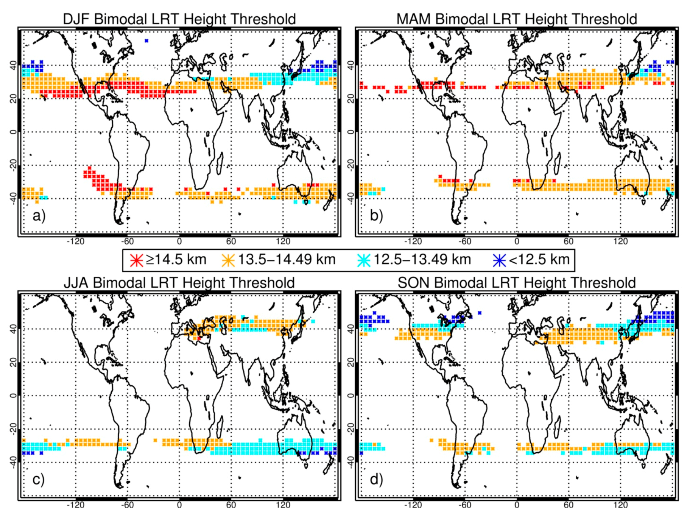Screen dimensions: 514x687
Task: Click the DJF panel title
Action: [x=179, y=19]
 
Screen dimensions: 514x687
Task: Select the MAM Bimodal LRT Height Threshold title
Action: [x=516, y=19]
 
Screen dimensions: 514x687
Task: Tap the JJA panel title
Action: [x=179, y=283]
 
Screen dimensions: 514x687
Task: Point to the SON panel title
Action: [x=516, y=283]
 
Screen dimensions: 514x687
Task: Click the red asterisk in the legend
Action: [x=137, y=260]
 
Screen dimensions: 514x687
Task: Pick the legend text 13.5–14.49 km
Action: [x=287, y=260]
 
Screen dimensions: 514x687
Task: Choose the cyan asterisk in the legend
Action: [x=364, y=260]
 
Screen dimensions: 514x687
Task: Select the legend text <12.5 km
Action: [x=539, y=260]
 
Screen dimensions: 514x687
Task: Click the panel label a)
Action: [x=39, y=216]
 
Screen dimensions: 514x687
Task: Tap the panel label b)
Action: [x=376, y=216]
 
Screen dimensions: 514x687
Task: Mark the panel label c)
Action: [x=39, y=480]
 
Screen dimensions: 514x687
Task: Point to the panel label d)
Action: [x=376, y=480]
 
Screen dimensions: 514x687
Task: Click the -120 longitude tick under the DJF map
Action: [x=75, y=241]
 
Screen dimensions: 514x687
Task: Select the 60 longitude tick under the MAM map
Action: [x=568, y=241]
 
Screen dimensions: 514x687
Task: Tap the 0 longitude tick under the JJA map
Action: [x=179, y=505]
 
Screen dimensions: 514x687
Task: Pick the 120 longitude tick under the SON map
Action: [x=620, y=505]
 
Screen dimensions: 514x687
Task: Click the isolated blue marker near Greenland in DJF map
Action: [x=146, y=40]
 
